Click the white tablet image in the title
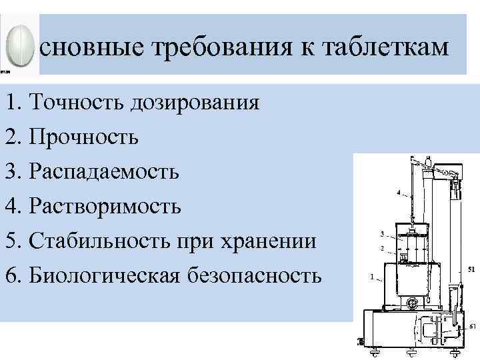[x=18, y=46]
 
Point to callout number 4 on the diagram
[x=398, y=193]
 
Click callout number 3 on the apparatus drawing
[x=381, y=234]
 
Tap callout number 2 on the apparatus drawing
[x=381, y=247]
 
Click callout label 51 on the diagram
[x=471, y=270]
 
